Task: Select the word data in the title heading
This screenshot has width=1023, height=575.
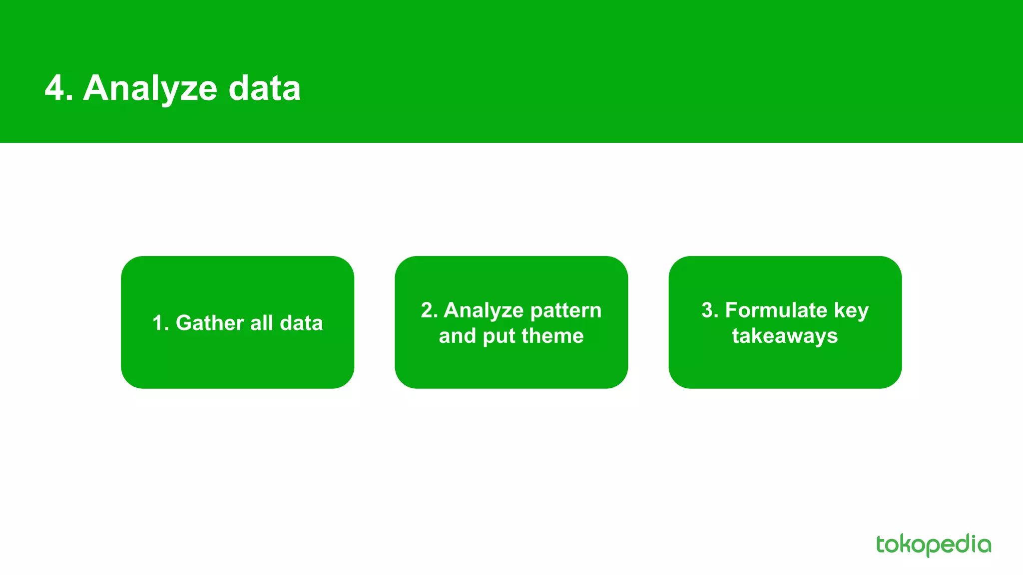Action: (x=264, y=88)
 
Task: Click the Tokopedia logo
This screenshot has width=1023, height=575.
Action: (x=933, y=545)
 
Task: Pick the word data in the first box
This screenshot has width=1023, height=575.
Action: (x=301, y=323)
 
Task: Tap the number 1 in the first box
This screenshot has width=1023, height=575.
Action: (x=158, y=323)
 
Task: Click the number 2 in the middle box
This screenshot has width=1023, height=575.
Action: (x=428, y=310)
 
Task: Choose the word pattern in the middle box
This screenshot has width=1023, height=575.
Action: (x=566, y=310)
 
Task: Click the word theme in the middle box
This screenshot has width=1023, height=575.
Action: (x=558, y=336)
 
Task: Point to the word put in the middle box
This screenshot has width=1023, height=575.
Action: (x=500, y=336)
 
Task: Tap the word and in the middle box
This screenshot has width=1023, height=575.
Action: (x=457, y=336)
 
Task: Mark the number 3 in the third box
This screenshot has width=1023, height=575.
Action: (x=708, y=310)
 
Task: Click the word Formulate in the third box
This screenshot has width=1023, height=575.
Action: (x=776, y=310)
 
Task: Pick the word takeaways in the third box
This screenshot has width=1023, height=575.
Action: (x=785, y=336)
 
